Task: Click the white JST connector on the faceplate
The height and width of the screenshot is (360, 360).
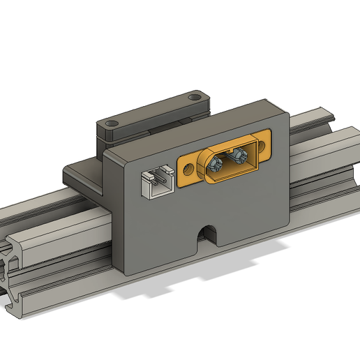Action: click(x=156, y=183)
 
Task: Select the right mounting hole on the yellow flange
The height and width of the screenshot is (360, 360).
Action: click(x=264, y=143)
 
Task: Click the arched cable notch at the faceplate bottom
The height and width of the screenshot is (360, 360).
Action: click(x=207, y=234)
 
